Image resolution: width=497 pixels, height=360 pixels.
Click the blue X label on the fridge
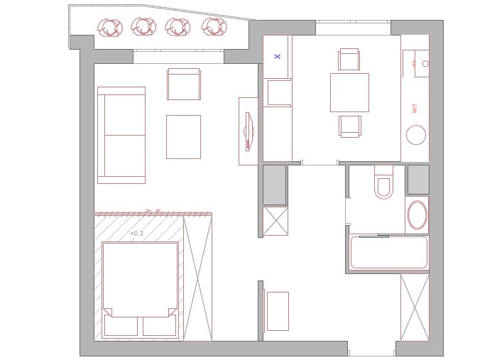point(278,56)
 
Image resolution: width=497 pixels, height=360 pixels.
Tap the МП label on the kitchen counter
point(414,109)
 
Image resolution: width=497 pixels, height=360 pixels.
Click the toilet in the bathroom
point(383,184)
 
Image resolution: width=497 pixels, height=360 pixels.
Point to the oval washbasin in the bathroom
point(417,214)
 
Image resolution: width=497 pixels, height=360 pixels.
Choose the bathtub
point(389,252)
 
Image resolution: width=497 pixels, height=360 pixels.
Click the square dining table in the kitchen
point(349,92)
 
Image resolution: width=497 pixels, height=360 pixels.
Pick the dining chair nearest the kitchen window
point(349,59)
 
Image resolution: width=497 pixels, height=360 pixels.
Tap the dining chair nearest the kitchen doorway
point(350,126)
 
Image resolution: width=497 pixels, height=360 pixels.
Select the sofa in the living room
point(121,135)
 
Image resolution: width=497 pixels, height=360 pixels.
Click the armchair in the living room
point(184,84)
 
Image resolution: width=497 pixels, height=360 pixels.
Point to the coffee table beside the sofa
point(183,136)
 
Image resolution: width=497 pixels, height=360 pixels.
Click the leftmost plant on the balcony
point(109,28)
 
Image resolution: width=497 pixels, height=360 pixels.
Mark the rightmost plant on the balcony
point(213,27)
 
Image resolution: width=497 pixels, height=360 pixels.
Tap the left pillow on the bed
point(121,326)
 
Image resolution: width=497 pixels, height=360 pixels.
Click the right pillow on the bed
point(159,326)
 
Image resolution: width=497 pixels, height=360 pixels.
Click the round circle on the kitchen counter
point(415,135)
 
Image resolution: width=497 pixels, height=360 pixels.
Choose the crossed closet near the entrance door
point(415,307)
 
